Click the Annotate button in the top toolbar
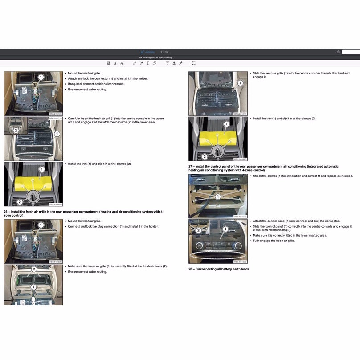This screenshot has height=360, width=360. pyautogui.click(x=147, y=52)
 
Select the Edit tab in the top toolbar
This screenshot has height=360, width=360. pyautogui.click(x=164, y=52)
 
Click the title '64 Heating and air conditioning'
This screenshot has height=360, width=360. pyautogui.click(x=155, y=57)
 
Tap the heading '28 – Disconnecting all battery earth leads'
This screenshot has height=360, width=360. pyautogui.click(x=218, y=269)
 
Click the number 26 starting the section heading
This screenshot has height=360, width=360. pyautogui.click(x=6, y=212)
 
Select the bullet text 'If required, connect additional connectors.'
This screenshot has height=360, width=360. pyautogui.click(x=96, y=84)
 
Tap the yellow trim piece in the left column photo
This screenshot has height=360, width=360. pyautogui.click(x=33, y=182)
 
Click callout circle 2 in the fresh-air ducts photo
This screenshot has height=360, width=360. pyautogui.click(x=34, y=269)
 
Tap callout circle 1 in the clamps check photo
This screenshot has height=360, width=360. pyautogui.click(x=218, y=196)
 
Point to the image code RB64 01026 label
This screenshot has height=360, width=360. pyautogui.click(x=240, y=262)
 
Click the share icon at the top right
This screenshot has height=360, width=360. pyautogui.click(x=338, y=52)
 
